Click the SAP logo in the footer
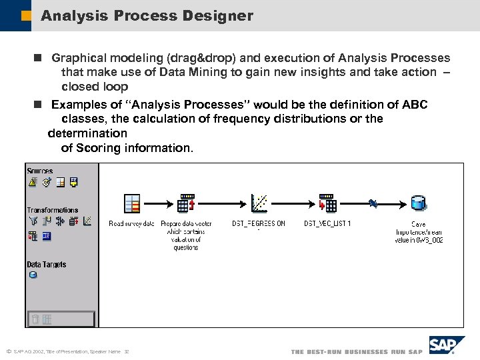click(x=442, y=345)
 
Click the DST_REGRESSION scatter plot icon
click(x=259, y=203)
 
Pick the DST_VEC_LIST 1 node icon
click(x=327, y=203)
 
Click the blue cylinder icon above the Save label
click(x=418, y=203)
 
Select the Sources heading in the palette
click(x=40, y=171)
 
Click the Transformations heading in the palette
click(x=52, y=210)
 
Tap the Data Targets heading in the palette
click(x=47, y=265)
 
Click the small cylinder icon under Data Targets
click(x=33, y=275)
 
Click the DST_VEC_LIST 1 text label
click(x=327, y=224)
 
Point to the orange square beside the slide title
click(x=27, y=15)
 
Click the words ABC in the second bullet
click(x=415, y=105)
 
